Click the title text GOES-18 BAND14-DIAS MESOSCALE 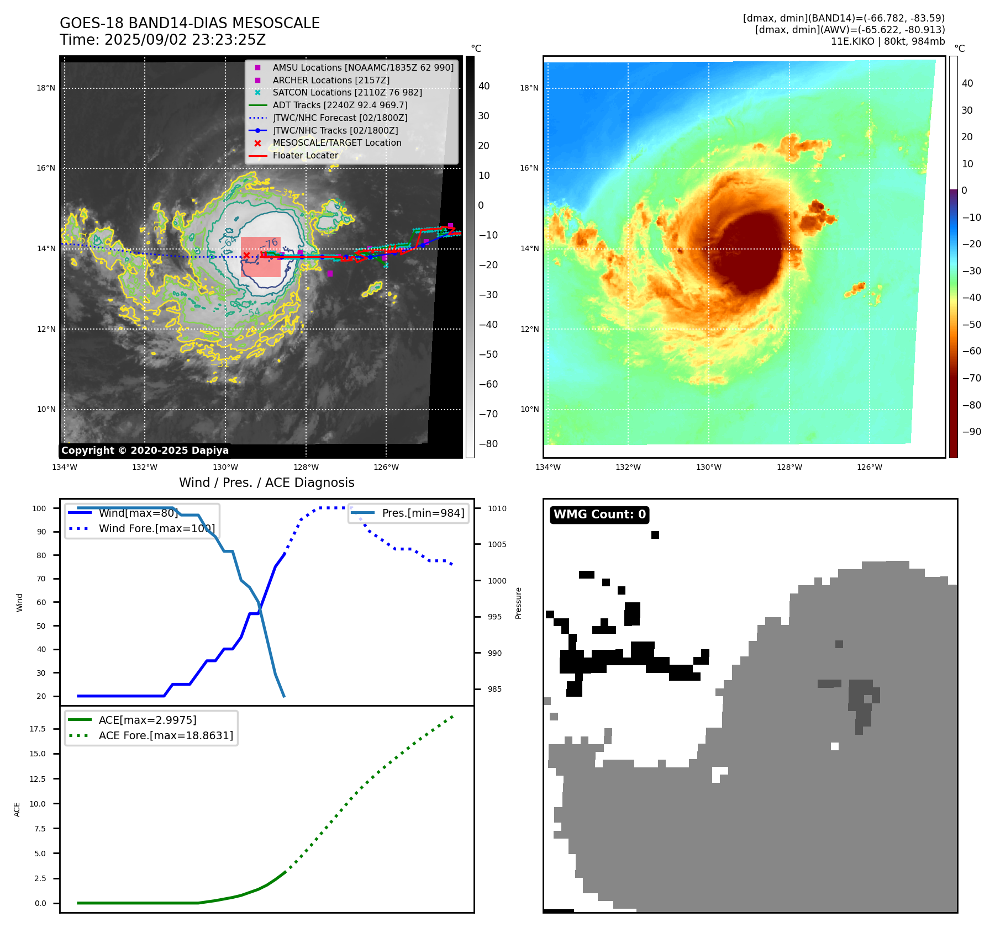pyautogui.click(x=189, y=23)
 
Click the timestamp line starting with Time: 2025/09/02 pyautogui.click(x=162, y=40)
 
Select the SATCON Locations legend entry pyautogui.click(x=347, y=92)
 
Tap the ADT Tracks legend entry pyautogui.click(x=340, y=105)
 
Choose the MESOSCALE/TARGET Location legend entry pyautogui.click(x=336, y=142)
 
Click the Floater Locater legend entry pyautogui.click(x=305, y=155)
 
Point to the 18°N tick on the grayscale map pyautogui.click(x=46, y=88)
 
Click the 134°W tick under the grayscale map pyautogui.click(x=65, y=467)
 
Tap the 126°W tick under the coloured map pyautogui.click(x=869, y=467)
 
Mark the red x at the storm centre pyautogui.click(x=246, y=255)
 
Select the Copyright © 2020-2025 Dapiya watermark pyautogui.click(x=145, y=450)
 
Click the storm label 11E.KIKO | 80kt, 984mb pyautogui.click(x=887, y=41)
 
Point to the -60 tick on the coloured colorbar pyautogui.click(x=971, y=351)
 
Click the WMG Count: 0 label pyautogui.click(x=599, y=515)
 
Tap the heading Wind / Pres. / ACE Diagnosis pyautogui.click(x=266, y=483)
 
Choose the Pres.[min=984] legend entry pyautogui.click(x=423, y=513)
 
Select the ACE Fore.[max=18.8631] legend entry pyautogui.click(x=166, y=735)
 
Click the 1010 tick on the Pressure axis pyautogui.click(x=497, y=508)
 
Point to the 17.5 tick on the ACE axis pyautogui.click(x=38, y=729)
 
